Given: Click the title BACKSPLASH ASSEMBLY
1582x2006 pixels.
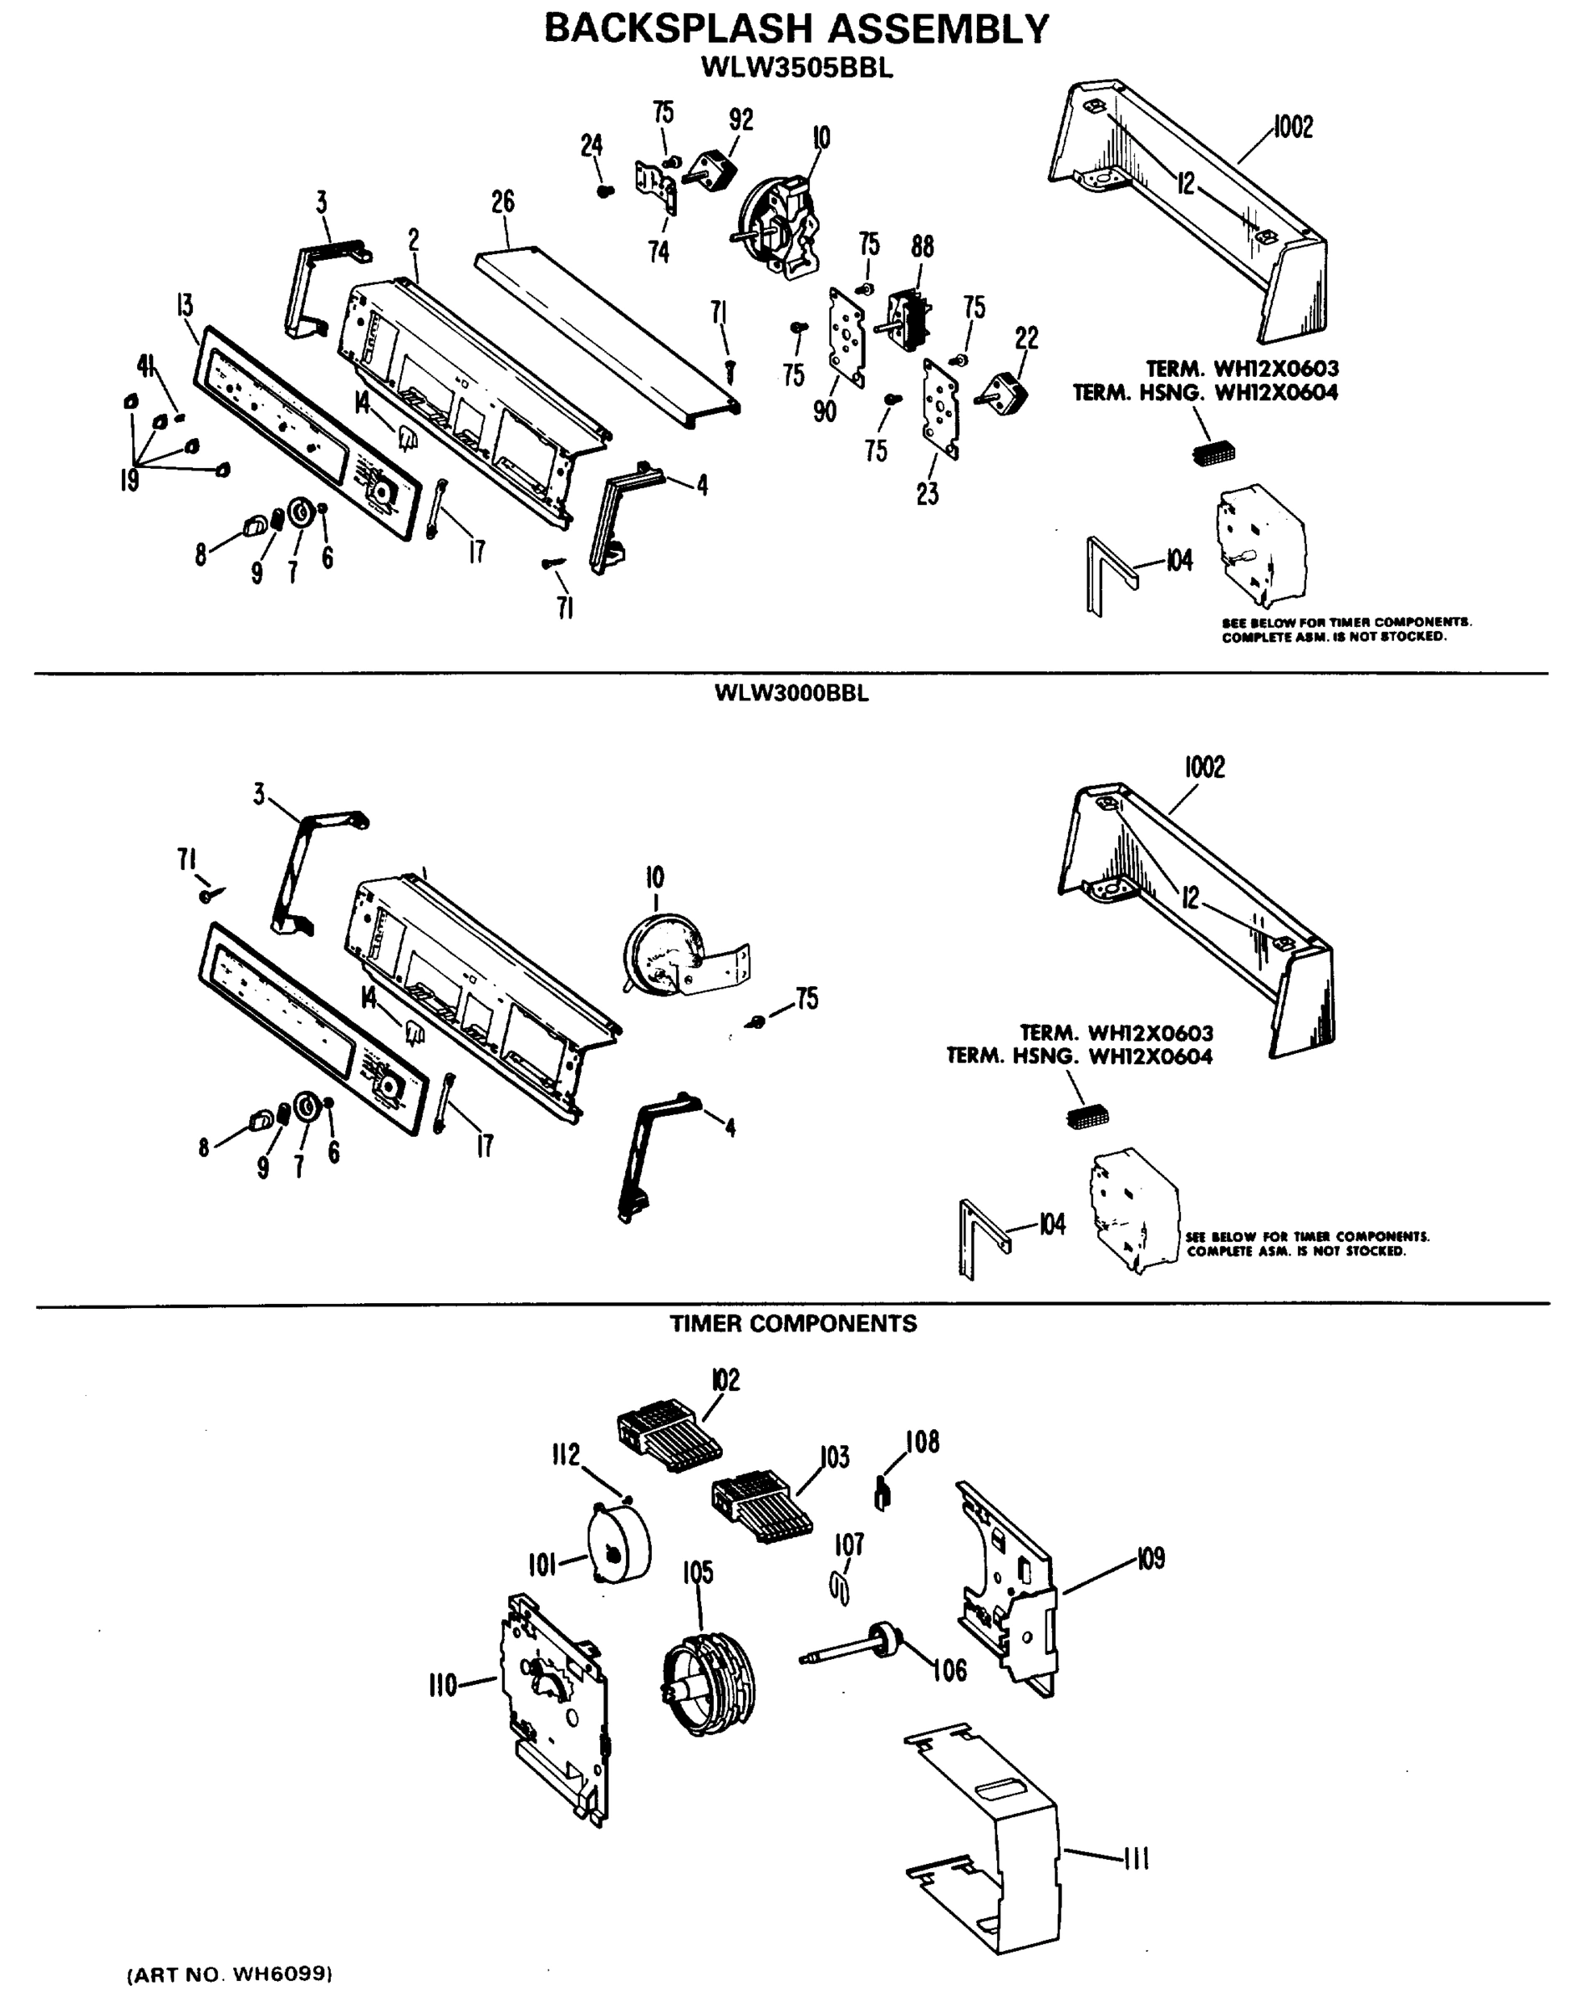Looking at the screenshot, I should point(796,28).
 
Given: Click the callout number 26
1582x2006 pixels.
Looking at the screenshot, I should point(503,201).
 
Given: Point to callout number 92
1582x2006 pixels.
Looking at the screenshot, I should point(741,120).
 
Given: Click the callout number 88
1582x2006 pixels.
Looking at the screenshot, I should point(922,247).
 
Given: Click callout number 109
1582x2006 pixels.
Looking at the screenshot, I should point(1151,1559).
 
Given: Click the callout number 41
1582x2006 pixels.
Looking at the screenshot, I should point(145,366).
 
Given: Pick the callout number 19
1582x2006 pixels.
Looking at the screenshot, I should point(129,480).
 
